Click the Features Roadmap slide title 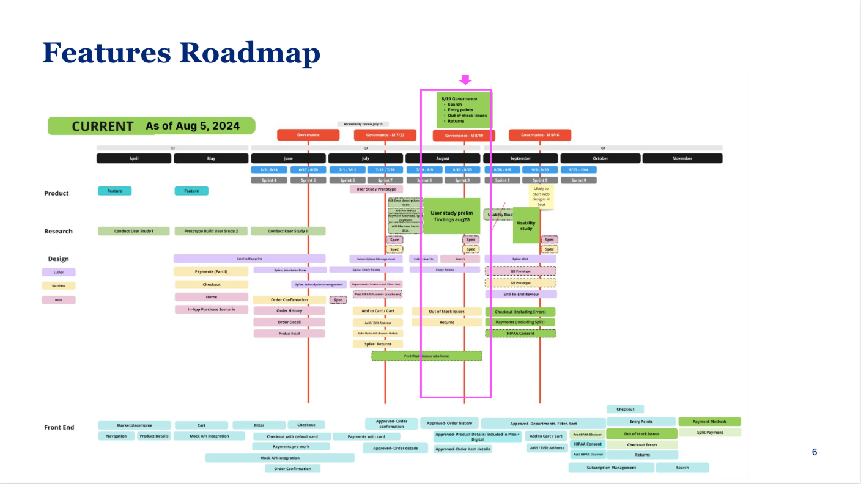pos(181,53)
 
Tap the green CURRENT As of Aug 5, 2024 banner pos(152,127)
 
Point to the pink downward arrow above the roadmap pos(465,80)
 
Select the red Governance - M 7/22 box pos(385,135)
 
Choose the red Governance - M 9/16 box pos(539,135)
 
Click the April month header pos(134,158)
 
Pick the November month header pos(682,158)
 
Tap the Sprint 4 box pos(269,180)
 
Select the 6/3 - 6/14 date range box pos(269,169)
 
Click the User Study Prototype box pos(376,189)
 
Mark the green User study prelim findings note pos(451,216)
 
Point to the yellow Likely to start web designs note pos(541,197)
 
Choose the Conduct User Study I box pos(134,231)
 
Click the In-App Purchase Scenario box pos(211,310)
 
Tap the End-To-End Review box pos(520,294)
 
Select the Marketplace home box pos(135,425)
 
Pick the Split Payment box pos(709,433)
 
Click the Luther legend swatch pos(59,272)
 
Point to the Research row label pos(58,232)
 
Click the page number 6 pos(814,453)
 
